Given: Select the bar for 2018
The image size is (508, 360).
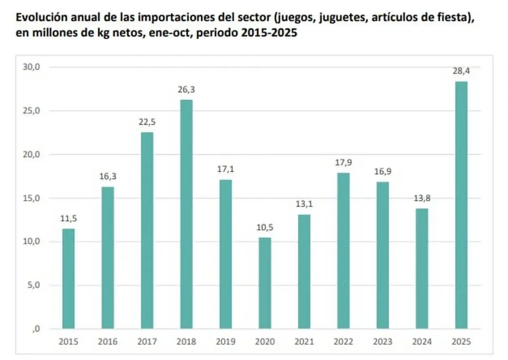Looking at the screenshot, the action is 186,214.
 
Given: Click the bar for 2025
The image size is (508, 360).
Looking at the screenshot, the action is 461,205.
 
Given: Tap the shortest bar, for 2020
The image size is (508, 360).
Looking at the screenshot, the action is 265,283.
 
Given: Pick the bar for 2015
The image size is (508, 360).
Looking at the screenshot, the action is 68,279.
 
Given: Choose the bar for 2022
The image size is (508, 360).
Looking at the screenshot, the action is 343,251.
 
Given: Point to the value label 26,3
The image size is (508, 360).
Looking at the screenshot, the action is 186,89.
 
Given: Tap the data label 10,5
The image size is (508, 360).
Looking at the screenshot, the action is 265,227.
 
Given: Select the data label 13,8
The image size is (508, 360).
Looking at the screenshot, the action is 422,199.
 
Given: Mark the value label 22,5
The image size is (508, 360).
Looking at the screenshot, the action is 147,122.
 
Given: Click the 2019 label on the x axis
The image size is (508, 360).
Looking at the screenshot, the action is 225,341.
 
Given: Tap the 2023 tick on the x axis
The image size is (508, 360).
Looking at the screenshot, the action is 382,341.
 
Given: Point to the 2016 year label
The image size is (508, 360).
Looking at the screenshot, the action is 107,341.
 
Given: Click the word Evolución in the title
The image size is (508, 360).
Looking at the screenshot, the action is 38,18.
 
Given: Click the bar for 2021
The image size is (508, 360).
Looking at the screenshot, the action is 304,272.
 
